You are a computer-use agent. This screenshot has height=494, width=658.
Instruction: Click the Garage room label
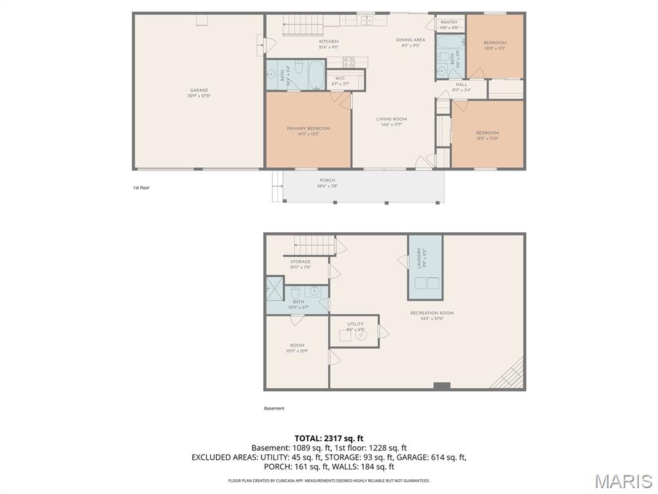[x=199, y=93]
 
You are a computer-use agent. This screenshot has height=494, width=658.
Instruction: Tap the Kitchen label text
[x=328, y=44]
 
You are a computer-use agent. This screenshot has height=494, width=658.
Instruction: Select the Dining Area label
[x=410, y=42]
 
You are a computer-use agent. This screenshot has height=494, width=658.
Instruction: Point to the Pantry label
[x=449, y=24]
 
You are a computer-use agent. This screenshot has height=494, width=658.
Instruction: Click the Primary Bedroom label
[x=308, y=131]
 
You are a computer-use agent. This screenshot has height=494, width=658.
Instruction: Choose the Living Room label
[x=391, y=122]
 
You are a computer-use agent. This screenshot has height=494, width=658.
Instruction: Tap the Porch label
[x=327, y=183]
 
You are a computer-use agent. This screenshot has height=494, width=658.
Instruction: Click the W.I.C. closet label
[x=340, y=81]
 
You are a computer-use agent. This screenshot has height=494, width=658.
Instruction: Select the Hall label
[x=461, y=87]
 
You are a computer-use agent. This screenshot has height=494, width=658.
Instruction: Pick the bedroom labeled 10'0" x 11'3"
[x=495, y=45]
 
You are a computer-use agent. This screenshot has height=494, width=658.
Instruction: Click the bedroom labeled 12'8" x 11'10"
[x=487, y=136]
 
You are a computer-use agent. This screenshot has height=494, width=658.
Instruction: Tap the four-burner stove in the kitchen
[x=349, y=62]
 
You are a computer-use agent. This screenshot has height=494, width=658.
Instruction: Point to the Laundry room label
[x=420, y=258]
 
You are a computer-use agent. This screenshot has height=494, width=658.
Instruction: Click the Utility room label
[x=355, y=326]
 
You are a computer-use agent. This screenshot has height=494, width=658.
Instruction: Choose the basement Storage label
[x=300, y=264]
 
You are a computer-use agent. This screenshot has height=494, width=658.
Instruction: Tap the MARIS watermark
[x=623, y=480]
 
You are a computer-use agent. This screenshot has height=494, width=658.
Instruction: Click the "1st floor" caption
[x=141, y=188]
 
